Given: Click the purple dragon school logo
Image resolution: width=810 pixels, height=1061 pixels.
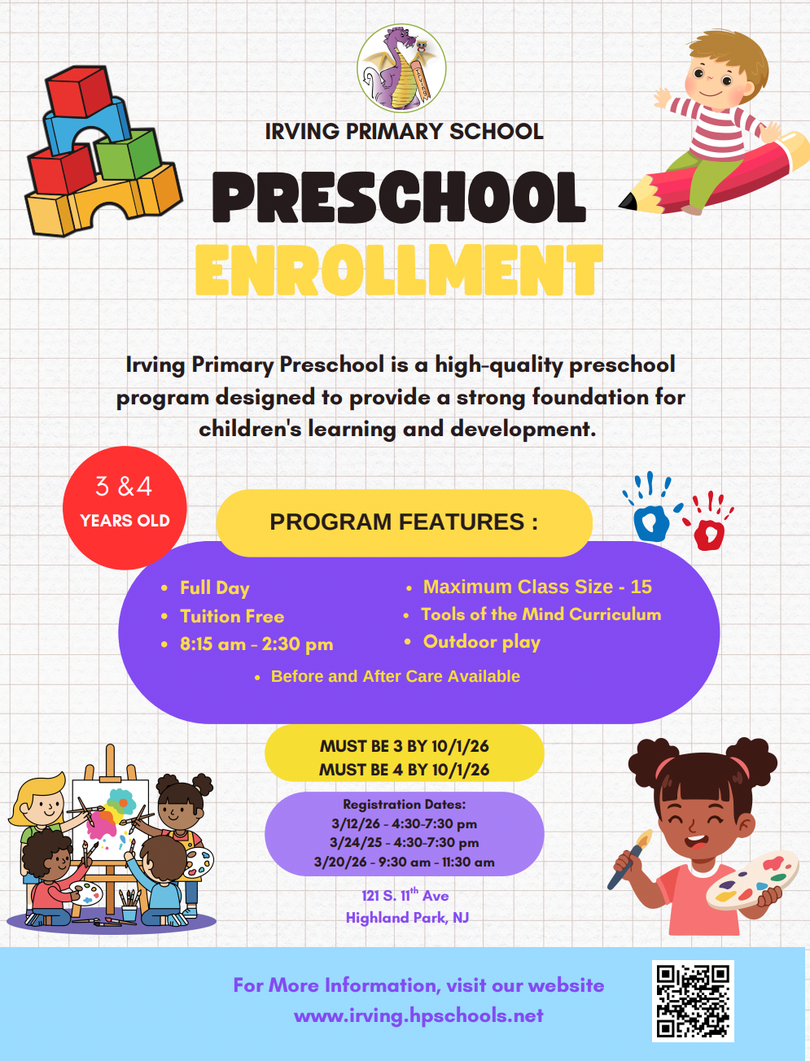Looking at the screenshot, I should pyautogui.click(x=401, y=68).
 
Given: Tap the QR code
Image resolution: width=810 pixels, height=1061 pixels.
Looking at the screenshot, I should pyautogui.click(x=693, y=1001).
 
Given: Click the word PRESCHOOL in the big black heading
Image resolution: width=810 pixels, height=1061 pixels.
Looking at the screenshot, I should pyautogui.click(x=399, y=198).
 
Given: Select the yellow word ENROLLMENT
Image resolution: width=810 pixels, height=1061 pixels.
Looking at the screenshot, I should pyautogui.click(x=399, y=270).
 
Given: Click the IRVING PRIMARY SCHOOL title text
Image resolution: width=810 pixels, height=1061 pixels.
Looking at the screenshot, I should pyautogui.click(x=404, y=132).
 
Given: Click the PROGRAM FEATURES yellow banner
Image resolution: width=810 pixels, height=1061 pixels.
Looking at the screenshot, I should pyautogui.click(x=404, y=522).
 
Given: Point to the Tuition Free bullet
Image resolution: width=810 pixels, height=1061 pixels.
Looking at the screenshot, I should pyautogui.click(x=232, y=617).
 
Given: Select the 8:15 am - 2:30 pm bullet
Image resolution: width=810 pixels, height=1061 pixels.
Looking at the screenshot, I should pyautogui.click(x=256, y=644).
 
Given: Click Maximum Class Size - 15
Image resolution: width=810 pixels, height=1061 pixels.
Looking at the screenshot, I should pyautogui.click(x=537, y=587).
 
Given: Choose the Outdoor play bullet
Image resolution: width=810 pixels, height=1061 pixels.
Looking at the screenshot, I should pyautogui.click(x=482, y=642).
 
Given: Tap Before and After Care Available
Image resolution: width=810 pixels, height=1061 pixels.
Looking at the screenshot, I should pyautogui.click(x=395, y=676).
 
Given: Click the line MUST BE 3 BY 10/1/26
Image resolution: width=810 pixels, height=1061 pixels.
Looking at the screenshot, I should pyautogui.click(x=404, y=746).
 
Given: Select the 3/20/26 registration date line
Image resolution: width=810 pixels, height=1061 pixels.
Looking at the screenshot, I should pyautogui.click(x=404, y=862).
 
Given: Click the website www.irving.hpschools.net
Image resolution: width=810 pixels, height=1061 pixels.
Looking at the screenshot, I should pyautogui.click(x=418, y=1015).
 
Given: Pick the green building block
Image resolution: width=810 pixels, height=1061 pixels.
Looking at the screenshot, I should pyautogui.click(x=129, y=155).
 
